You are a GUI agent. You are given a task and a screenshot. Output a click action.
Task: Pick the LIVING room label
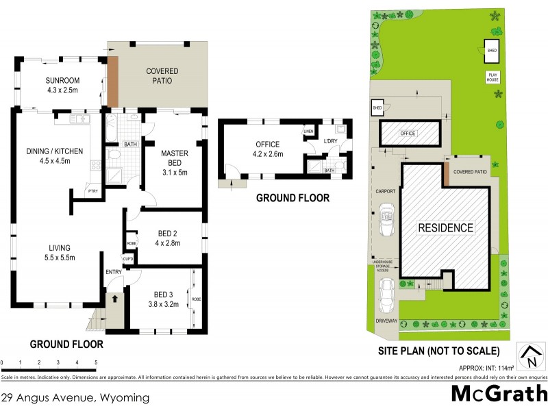click(60, 253)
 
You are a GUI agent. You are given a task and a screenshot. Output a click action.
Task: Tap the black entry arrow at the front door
click(114, 299)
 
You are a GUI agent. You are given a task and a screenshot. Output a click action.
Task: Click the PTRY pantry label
click(91, 190)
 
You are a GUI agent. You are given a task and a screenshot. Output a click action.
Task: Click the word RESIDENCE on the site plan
click(446, 227)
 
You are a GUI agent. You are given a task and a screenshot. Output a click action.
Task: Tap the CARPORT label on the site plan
click(386, 192)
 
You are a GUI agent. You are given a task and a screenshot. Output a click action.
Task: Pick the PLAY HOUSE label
click(492, 77)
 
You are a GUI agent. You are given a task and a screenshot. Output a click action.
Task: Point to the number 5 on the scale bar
click(96, 362)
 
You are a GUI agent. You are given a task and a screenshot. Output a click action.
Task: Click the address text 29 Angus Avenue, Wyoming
click(75, 397)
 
